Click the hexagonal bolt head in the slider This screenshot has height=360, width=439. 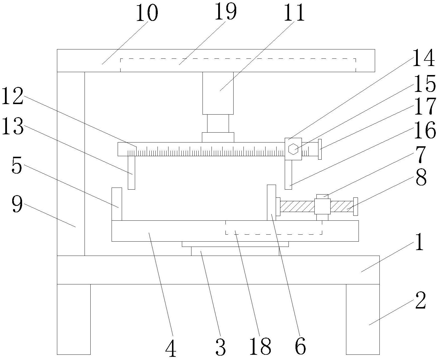pyautogui.click(x=293, y=149)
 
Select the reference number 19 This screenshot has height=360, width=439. pyautogui.click(x=226, y=12)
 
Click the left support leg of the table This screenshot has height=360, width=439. pyautogui.click(x=74, y=319)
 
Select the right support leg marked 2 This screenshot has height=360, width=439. pyautogui.click(x=363, y=319)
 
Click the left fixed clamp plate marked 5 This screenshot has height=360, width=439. pyautogui.click(x=117, y=204)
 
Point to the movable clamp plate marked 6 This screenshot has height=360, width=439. pyautogui.click(x=271, y=203)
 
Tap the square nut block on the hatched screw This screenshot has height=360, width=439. pyautogui.click(x=322, y=206)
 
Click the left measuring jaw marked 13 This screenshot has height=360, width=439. pyautogui.click(x=131, y=172)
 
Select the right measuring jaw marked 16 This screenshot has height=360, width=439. pyautogui.click(x=288, y=174)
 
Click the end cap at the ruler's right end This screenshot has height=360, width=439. pyautogui.click(x=320, y=149)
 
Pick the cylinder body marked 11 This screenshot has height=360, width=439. pyautogui.click(x=218, y=93)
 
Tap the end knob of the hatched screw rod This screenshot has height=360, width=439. pyautogui.click(x=355, y=206)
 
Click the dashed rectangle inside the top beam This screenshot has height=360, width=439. pyautogui.click(x=238, y=65)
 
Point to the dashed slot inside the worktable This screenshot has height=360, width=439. pyautogui.click(x=273, y=227)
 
